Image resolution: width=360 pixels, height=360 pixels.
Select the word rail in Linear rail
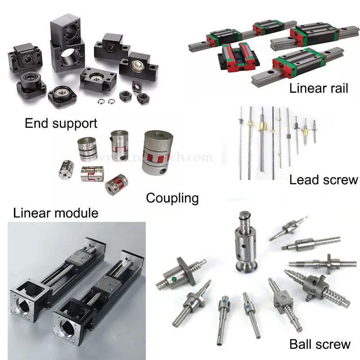coord(335,88)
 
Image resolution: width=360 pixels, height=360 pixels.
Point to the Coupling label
coord(172,198)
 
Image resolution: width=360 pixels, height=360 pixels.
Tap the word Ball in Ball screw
coord(301,345)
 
